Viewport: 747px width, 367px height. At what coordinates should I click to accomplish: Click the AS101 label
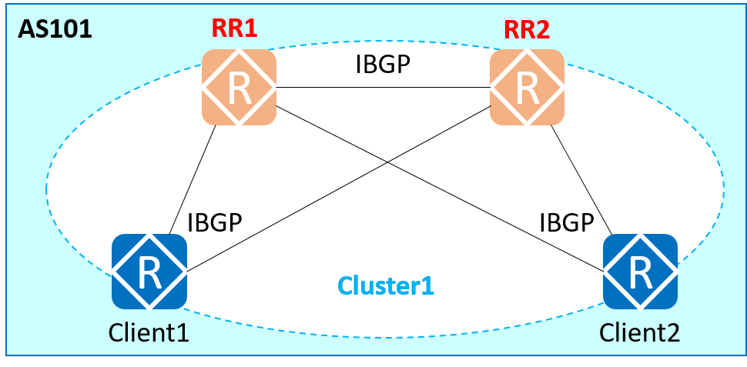55,28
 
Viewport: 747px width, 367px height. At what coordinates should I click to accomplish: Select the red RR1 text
234,29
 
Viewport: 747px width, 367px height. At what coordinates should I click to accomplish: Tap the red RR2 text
527,29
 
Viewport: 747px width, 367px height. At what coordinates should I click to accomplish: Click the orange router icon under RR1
240,87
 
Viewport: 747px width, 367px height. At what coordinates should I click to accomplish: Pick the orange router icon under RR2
527,87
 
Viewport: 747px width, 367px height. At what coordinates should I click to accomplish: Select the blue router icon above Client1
149,270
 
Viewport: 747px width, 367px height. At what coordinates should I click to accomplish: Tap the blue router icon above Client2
640,270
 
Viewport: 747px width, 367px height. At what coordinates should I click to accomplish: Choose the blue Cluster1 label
386,286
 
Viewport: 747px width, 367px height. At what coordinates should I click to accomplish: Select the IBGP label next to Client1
215,222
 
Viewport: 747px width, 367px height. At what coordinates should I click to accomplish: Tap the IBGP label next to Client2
566,222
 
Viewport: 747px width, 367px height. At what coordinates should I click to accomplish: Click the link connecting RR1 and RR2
383,87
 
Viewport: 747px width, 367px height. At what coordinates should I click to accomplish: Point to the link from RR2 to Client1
277,215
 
